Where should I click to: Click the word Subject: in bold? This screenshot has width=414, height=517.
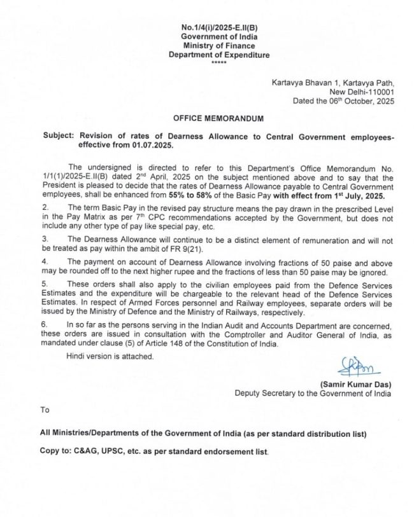59,137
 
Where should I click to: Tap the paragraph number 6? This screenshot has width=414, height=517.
45,325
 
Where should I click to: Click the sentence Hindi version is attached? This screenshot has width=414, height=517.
110,357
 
